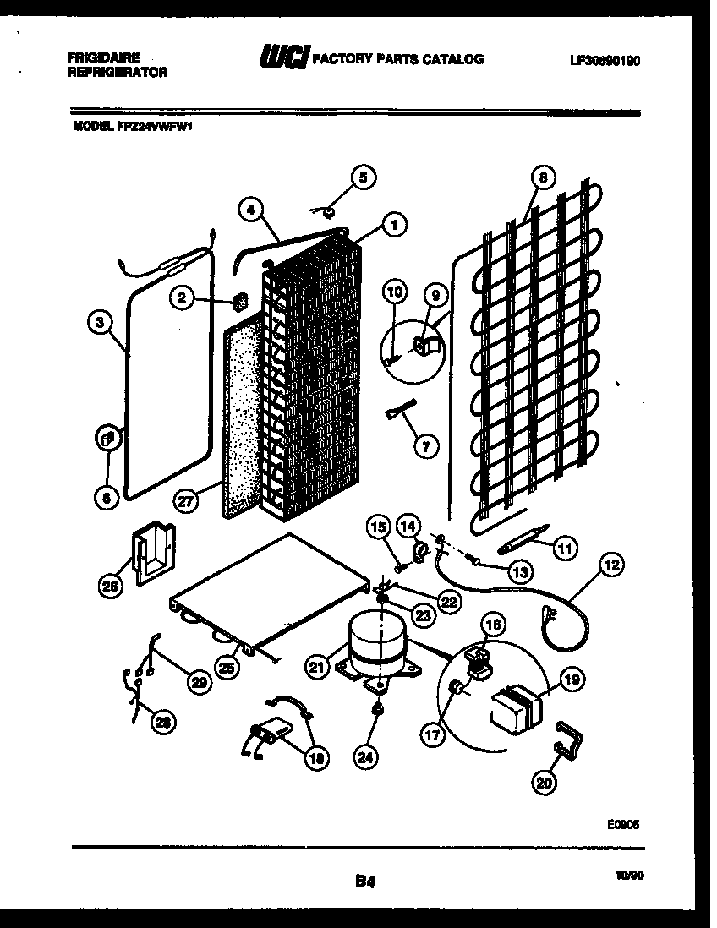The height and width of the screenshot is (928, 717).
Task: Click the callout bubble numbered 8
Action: tap(542, 177)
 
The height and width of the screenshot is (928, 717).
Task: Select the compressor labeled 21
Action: tap(376, 647)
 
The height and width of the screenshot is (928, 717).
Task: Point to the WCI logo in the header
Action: tap(285, 58)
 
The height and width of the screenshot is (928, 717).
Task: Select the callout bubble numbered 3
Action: tap(100, 321)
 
